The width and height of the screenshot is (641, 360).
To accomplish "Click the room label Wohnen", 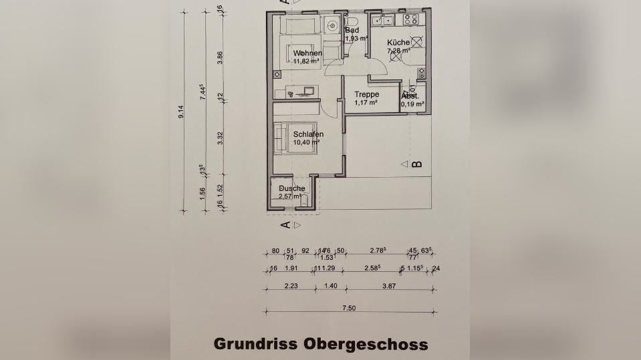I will (x=307, y=53).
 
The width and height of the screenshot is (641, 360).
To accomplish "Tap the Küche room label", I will (x=398, y=42).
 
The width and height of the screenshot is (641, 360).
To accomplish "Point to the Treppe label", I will (x=367, y=95).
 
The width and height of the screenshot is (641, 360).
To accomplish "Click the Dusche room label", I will (x=291, y=188).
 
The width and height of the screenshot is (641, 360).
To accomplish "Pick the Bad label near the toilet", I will (x=352, y=30).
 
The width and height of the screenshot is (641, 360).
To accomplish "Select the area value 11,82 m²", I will (x=307, y=61).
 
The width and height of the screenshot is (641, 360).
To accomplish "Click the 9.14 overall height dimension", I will (x=180, y=112).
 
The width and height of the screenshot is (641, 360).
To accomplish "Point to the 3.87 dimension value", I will (x=390, y=285).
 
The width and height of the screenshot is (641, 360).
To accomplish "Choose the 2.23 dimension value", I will (x=289, y=285).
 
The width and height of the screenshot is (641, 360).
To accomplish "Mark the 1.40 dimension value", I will (x=330, y=285).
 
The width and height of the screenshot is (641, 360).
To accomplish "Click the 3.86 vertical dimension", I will (x=220, y=57).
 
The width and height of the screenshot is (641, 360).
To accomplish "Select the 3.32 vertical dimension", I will (x=220, y=138).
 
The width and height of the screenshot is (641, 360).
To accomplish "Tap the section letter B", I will (x=418, y=164).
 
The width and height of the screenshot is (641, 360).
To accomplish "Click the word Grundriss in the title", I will (x=255, y=343).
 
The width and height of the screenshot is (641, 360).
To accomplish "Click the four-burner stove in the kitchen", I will (x=409, y=20).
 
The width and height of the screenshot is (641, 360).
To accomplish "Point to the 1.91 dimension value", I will (x=291, y=268).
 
